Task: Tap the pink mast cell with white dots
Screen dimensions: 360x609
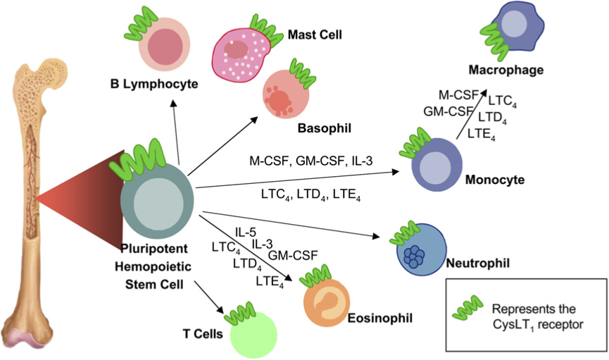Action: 241,58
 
